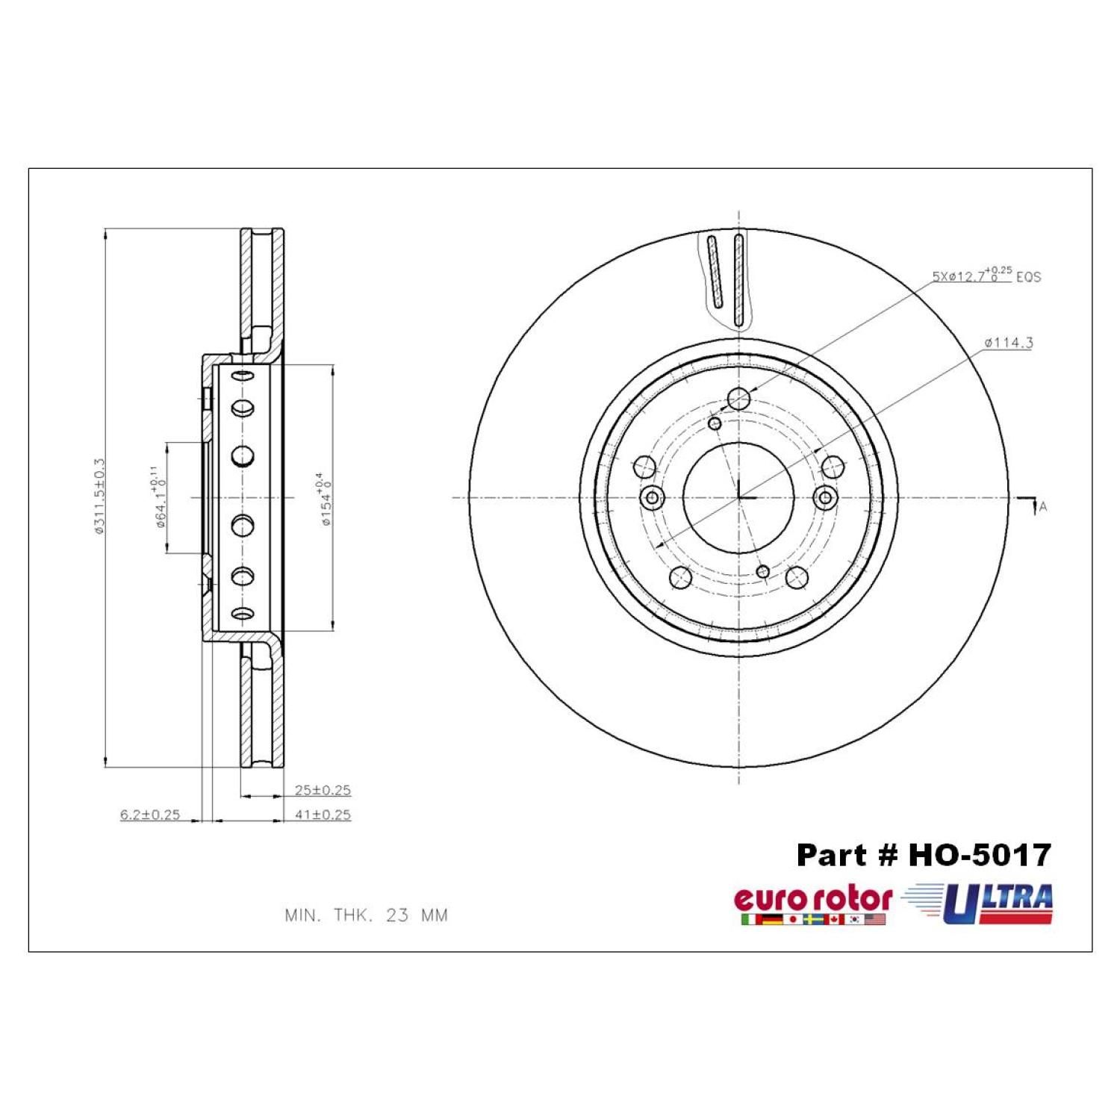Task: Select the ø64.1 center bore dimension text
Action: [x=158, y=497]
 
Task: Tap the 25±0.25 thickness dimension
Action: [x=323, y=790]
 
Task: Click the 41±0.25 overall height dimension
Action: [x=323, y=815]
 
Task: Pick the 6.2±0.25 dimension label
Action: [x=150, y=815]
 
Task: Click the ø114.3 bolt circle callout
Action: [x=1009, y=343]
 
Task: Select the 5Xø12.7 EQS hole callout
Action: [x=986, y=275]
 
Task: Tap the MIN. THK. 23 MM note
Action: [x=367, y=915]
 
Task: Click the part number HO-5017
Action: [x=924, y=855]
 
